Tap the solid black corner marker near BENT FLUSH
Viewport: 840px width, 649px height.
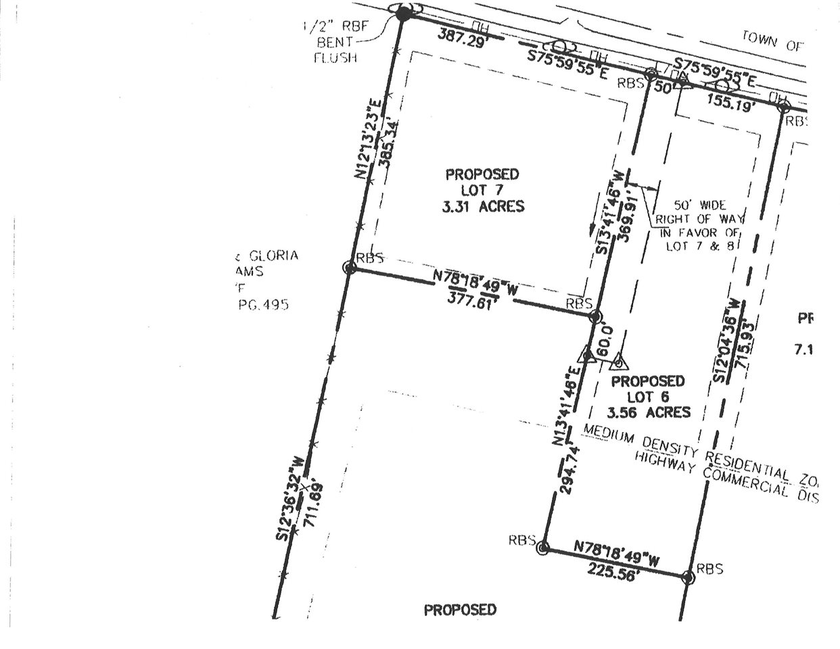(x=403, y=13)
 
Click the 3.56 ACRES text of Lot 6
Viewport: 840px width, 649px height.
(x=649, y=412)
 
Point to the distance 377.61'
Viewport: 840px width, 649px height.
(x=473, y=299)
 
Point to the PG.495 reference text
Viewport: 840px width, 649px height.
(x=264, y=305)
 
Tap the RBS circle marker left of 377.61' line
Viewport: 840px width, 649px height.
(x=350, y=268)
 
